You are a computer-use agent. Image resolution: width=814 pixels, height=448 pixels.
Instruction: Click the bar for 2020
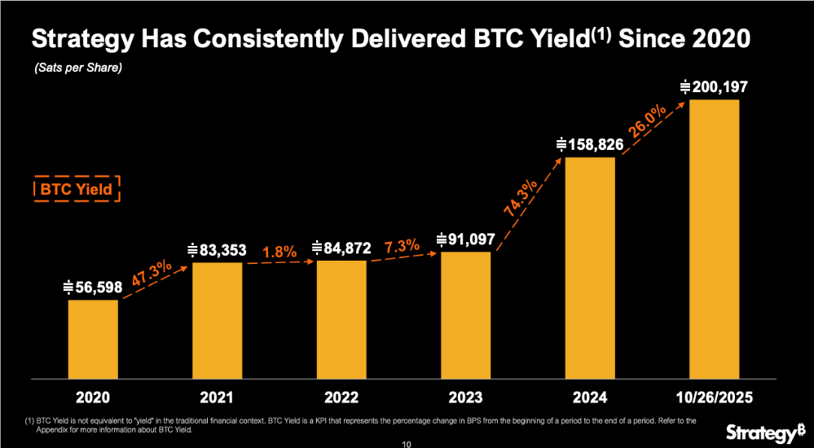click(x=93, y=339)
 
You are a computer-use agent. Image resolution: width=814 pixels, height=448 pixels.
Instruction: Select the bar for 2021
click(x=217, y=320)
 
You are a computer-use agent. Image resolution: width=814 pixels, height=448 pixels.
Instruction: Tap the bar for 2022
click(x=341, y=319)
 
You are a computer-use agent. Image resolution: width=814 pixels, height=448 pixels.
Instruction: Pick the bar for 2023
click(x=466, y=315)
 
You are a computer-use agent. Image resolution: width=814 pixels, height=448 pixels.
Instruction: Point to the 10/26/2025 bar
click(x=714, y=239)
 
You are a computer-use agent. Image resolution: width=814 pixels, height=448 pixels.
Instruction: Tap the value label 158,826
click(x=590, y=144)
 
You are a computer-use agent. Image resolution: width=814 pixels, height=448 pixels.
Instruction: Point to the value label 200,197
click(x=714, y=86)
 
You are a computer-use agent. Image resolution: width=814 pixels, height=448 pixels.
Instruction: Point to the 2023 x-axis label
click(x=466, y=398)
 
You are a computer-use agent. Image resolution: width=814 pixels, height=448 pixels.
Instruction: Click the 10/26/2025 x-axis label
click(x=714, y=398)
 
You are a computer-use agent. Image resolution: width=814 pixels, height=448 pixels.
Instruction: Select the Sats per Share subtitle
click(x=78, y=68)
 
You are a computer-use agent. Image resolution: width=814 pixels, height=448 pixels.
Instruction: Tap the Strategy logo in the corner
click(x=763, y=430)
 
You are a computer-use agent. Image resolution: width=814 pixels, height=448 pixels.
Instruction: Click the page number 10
click(x=407, y=444)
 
